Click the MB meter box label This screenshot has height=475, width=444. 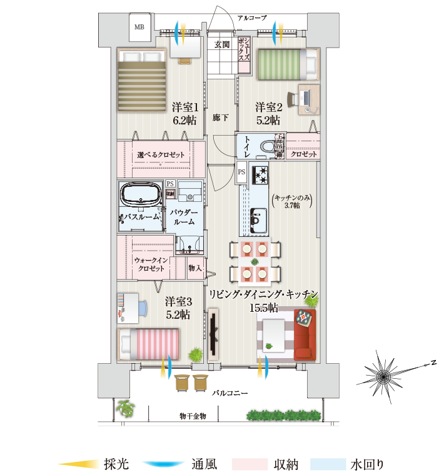(139, 27)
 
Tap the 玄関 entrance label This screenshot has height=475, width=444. (222, 45)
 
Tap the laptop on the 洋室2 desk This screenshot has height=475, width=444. (306, 97)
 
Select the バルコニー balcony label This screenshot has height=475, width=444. (230, 393)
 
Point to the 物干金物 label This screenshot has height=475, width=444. (193, 416)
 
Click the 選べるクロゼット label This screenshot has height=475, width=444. (160, 154)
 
